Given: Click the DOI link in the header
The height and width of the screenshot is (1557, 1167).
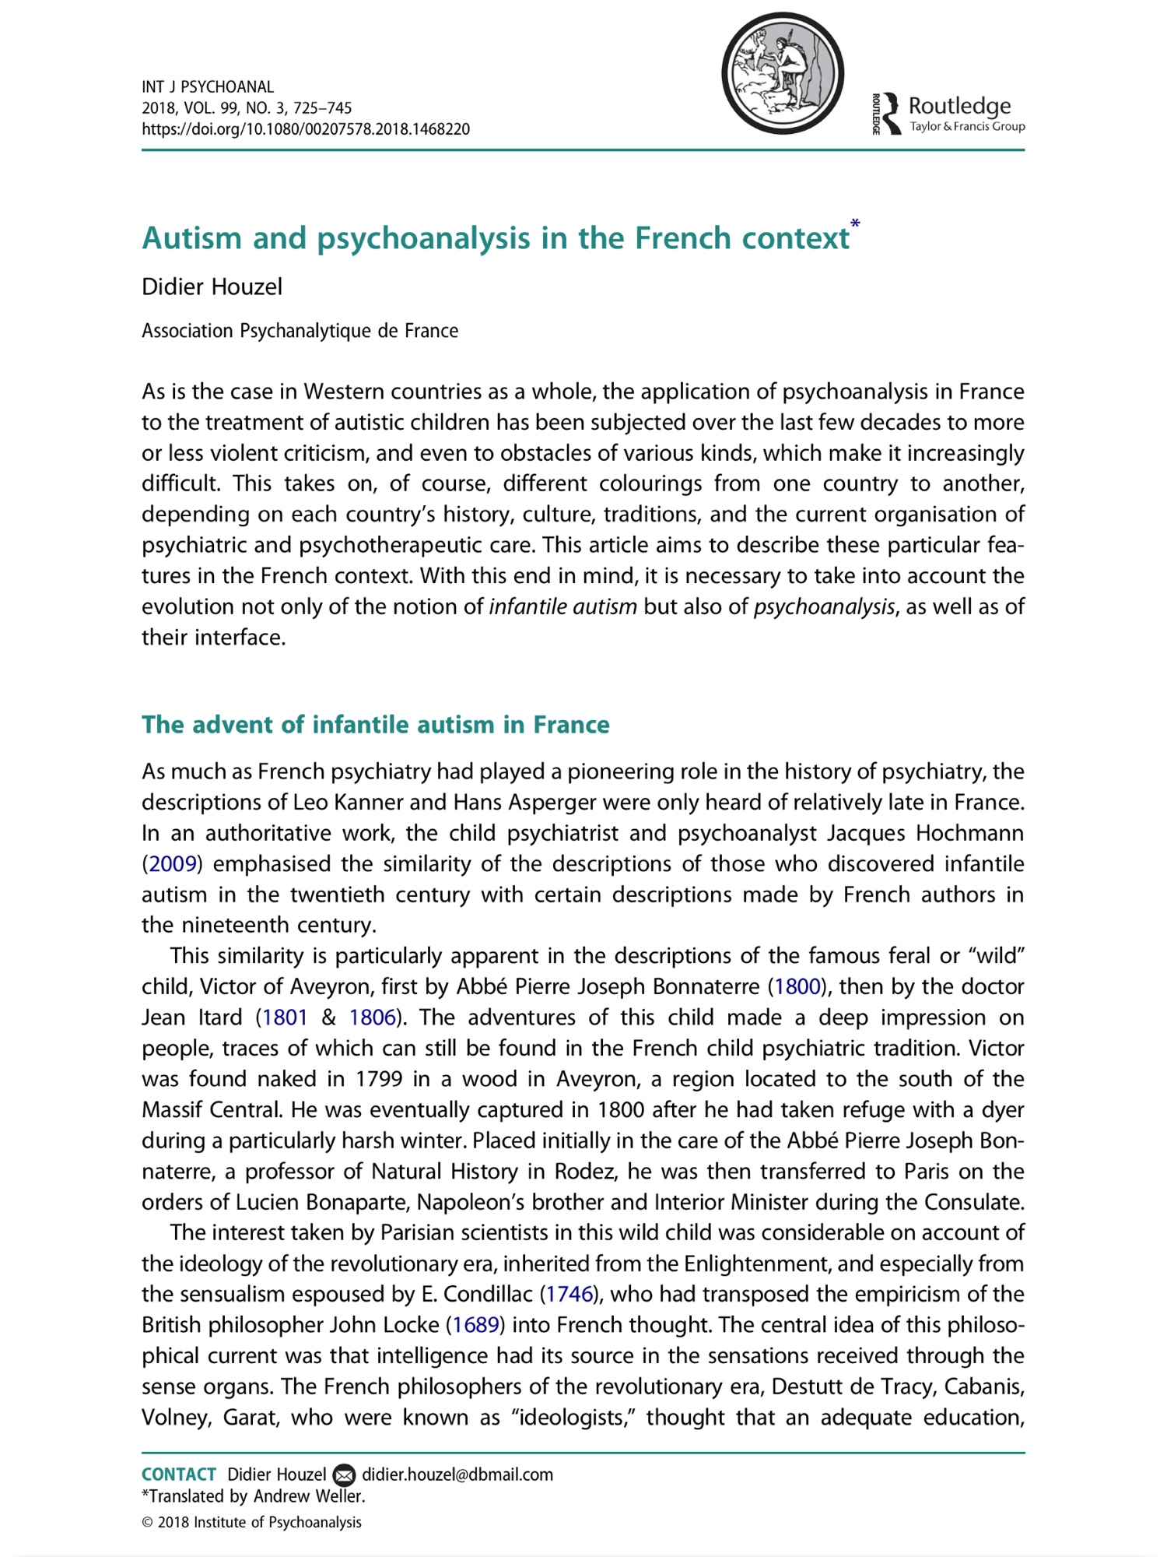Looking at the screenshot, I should pyautogui.click(x=306, y=129).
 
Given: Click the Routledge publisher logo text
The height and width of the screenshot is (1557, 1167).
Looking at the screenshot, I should pyautogui.click(x=959, y=106).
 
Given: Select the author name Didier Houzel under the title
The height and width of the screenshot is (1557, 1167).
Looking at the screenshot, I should pyautogui.click(x=212, y=287).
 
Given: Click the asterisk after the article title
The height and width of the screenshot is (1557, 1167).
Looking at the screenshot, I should pyautogui.click(x=855, y=225).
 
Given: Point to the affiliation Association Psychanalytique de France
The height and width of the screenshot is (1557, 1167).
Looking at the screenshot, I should pyautogui.click(x=300, y=331).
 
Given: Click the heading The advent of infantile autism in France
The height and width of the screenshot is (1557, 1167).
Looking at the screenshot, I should pyautogui.click(x=375, y=725).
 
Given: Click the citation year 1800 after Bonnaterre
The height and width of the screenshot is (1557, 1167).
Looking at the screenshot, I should pyautogui.click(x=797, y=986).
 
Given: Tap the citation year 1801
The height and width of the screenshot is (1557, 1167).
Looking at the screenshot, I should pyautogui.click(x=285, y=1017).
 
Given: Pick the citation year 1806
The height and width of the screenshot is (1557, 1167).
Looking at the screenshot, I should pyautogui.click(x=373, y=1017).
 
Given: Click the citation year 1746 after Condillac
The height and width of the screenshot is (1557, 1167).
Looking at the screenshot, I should pyautogui.click(x=569, y=1294).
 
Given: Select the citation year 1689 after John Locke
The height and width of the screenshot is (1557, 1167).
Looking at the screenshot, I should pyautogui.click(x=475, y=1325).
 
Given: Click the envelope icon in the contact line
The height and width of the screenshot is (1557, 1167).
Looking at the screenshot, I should pyautogui.click(x=344, y=1475).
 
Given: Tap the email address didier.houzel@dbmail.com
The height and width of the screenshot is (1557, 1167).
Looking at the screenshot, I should pyautogui.click(x=457, y=1474).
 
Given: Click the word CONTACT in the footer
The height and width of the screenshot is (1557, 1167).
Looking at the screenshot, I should pyautogui.click(x=179, y=1474).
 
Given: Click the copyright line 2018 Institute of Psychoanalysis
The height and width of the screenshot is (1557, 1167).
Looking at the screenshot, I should pyautogui.click(x=251, y=1522).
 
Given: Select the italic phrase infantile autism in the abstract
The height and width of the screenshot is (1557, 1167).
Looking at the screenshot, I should pyautogui.click(x=562, y=606).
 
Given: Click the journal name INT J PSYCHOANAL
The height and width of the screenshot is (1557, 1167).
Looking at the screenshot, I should pyautogui.click(x=208, y=86).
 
